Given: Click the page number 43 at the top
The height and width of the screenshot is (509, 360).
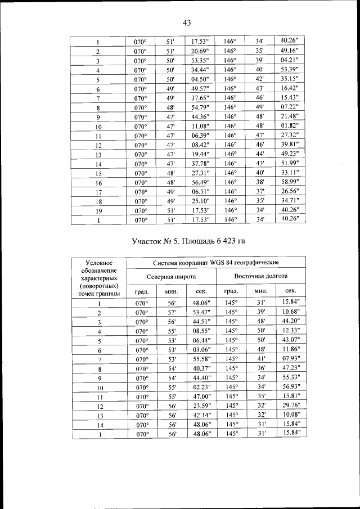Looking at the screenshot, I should [187, 22].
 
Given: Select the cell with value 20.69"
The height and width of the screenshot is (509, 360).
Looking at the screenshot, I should [200, 51].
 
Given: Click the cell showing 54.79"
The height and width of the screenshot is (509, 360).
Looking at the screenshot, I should [200, 107].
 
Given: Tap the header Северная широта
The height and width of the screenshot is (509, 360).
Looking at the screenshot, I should [172, 277].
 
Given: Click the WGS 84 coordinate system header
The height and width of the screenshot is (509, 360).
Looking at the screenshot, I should [216, 263].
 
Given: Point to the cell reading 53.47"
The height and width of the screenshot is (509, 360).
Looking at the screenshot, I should [200, 313].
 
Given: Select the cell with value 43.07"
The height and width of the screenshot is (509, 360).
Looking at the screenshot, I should [290, 340].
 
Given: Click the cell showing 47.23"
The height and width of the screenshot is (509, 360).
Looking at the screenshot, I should [290, 368].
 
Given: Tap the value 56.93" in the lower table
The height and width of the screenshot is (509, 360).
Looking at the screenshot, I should [290, 387].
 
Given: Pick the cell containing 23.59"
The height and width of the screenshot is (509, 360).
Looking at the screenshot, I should [200, 406].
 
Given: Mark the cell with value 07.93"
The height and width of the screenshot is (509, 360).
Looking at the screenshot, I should [290, 359].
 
